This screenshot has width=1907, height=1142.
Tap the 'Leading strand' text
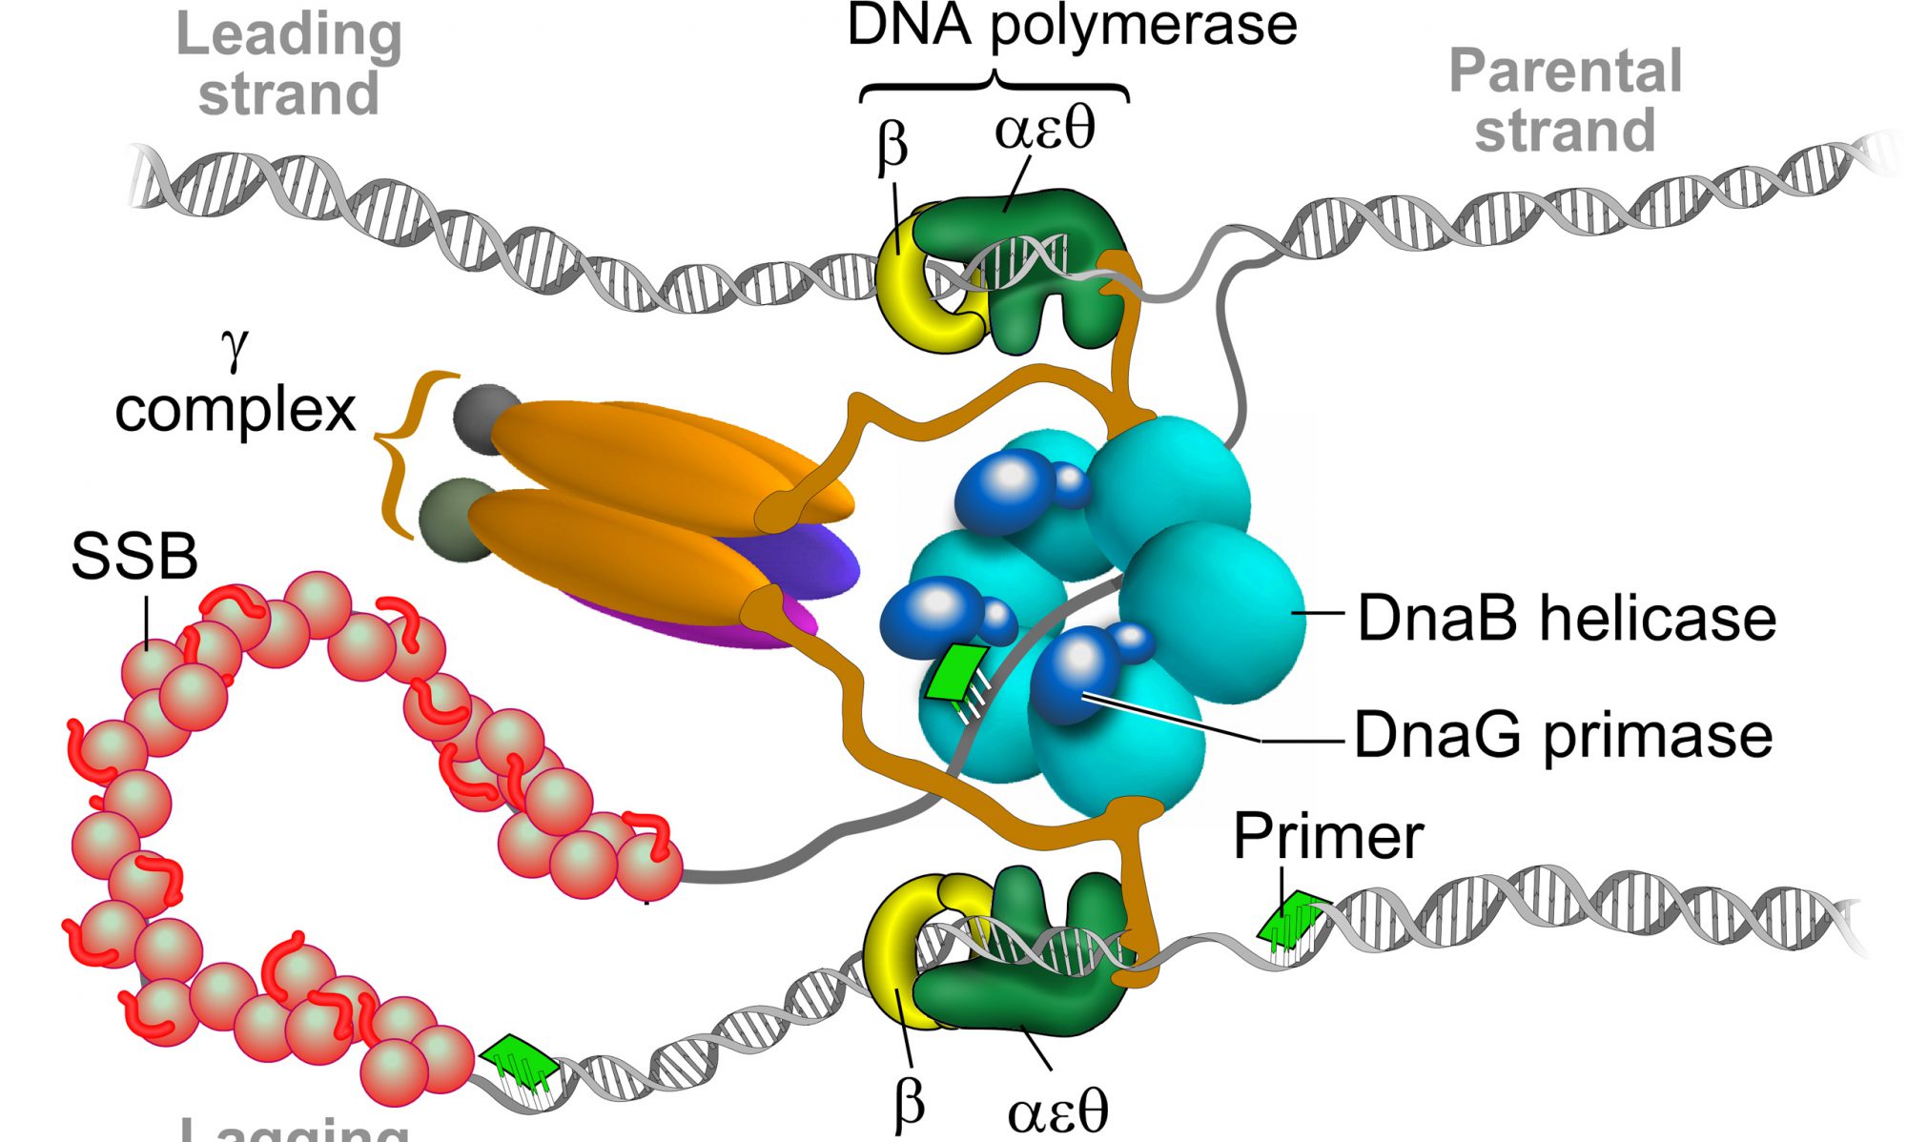tap(289, 65)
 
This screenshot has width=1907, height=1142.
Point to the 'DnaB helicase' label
tap(1567, 618)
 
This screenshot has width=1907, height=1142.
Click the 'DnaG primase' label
tap(1563, 735)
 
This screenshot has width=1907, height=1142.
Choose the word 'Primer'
tap(1328, 836)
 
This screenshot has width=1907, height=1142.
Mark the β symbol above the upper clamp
tap(892, 149)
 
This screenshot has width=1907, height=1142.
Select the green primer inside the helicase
tap(957, 673)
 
